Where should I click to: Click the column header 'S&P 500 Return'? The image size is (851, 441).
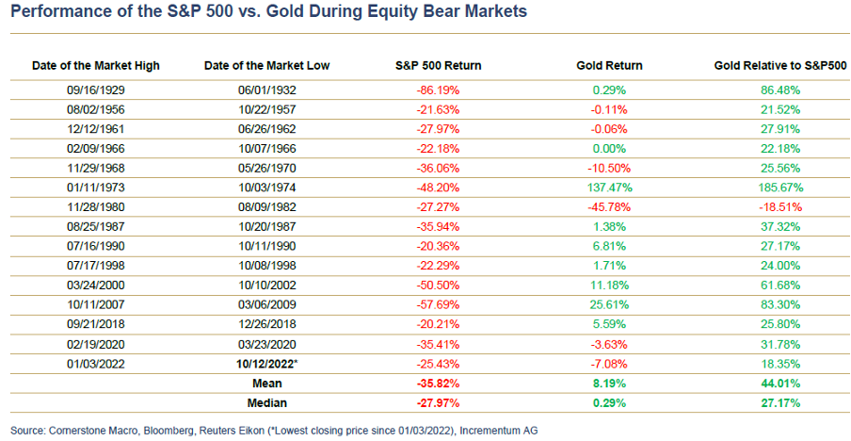[x=438, y=66]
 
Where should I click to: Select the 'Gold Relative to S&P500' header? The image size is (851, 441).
[x=780, y=66]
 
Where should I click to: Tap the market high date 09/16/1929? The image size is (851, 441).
[x=95, y=90]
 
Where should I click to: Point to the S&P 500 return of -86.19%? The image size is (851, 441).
[x=438, y=90]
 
